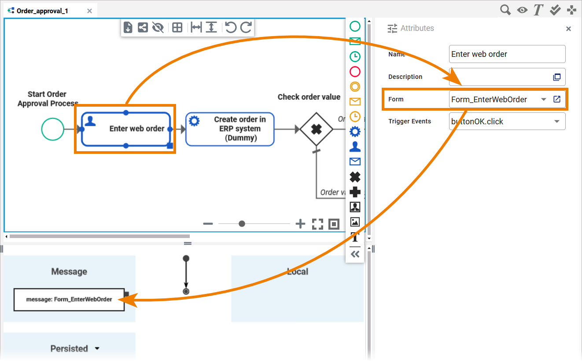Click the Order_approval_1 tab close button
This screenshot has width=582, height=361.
pyautogui.click(x=89, y=11)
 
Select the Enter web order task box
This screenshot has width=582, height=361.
pyautogui.click(x=125, y=129)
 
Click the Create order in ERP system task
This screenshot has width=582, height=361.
pyautogui.click(x=229, y=129)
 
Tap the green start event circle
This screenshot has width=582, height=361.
pyautogui.click(x=52, y=129)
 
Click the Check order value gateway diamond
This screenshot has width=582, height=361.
pyautogui.click(x=316, y=129)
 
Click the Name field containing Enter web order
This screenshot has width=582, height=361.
pyautogui.click(x=507, y=54)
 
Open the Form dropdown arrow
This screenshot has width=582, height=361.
pyautogui.click(x=544, y=100)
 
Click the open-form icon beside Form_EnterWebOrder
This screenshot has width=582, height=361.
pyautogui.click(x=557, y=99)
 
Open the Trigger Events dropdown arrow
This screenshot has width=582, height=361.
pyautogui.click(x=556, y=122)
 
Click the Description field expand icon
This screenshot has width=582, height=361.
pyautogui.click(x=557, y=77)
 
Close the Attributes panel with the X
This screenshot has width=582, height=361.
pyautogui.click(x=568, y=29)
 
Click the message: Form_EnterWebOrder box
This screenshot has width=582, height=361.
pyautogui.click(x=69, y=299)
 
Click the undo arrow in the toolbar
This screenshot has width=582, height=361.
pyautogui.click(x=230, y=27)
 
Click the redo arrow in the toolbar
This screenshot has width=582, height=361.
pyautogui.click(x=246, y=27)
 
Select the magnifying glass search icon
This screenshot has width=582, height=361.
pyautogui.click(x=505, y=10)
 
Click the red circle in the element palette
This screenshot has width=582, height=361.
pyautogui.click(x=355, y=71)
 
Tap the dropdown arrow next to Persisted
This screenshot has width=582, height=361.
pyautogui.click(x=97, y=349)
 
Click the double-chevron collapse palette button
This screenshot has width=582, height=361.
pyautogui.click(x=355, y=254)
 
